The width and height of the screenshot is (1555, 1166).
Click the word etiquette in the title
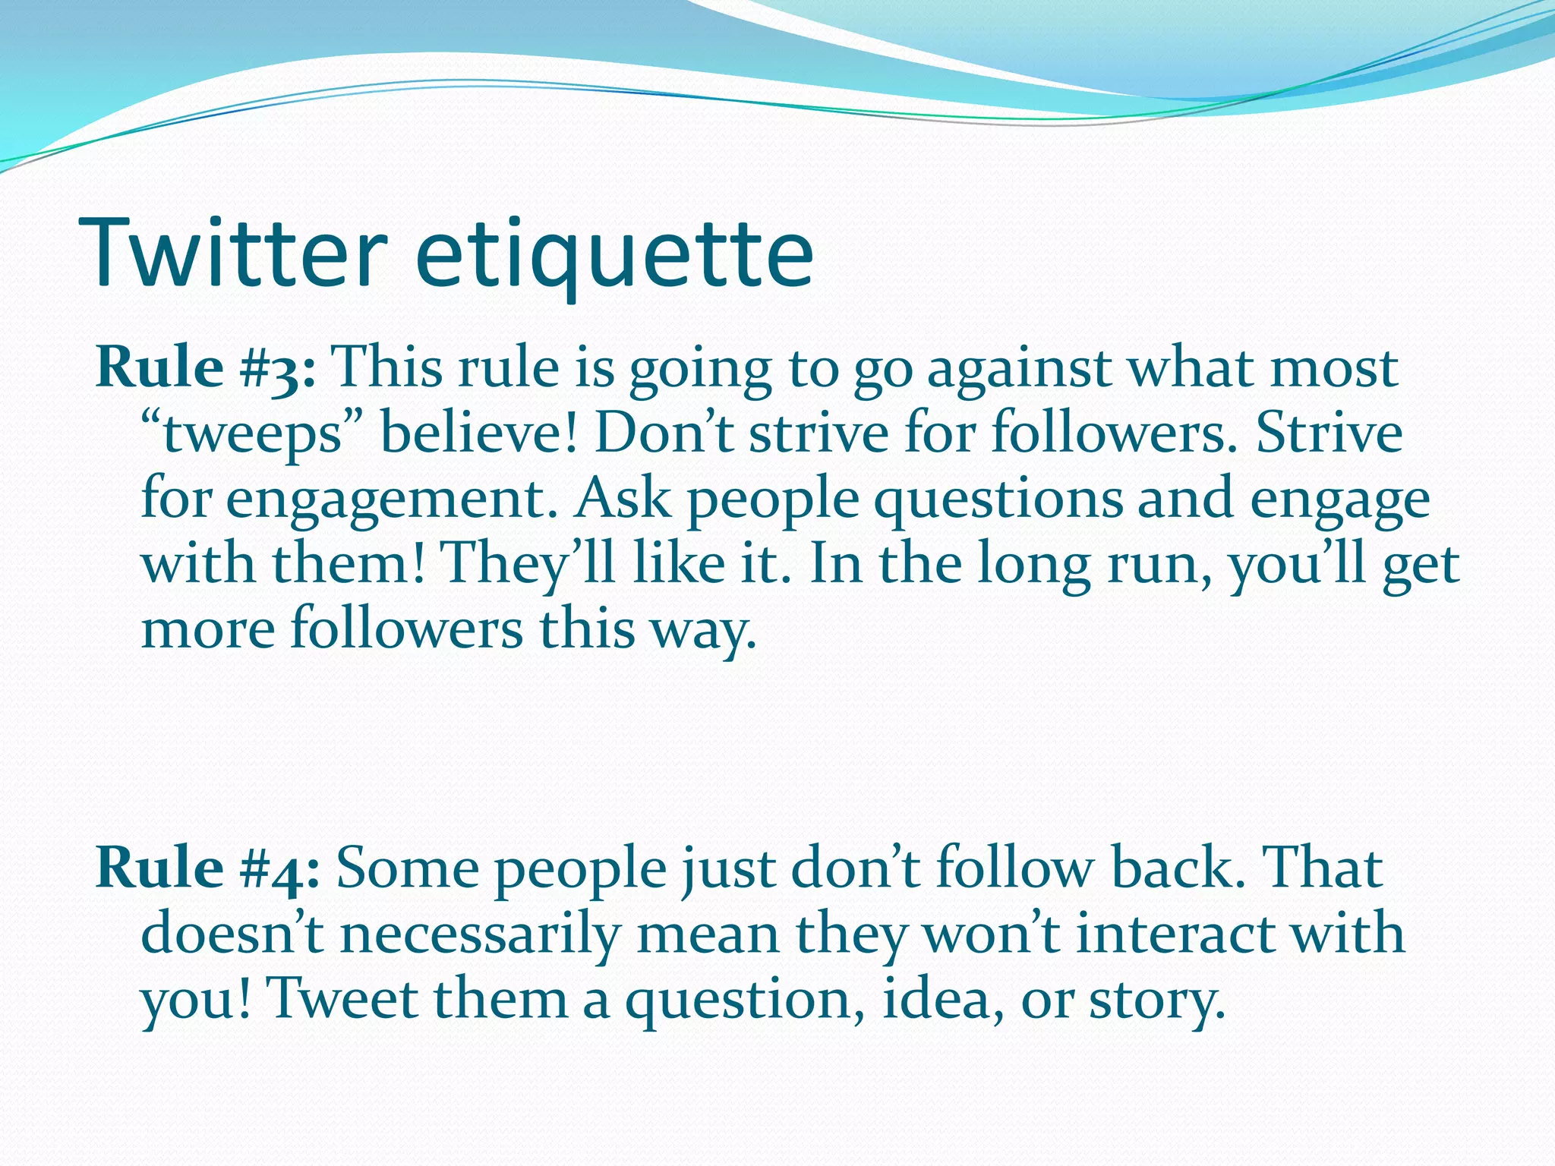click(615, 254)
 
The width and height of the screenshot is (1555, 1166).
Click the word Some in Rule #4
click(408, 868)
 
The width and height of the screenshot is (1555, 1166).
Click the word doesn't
click(232, 934)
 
